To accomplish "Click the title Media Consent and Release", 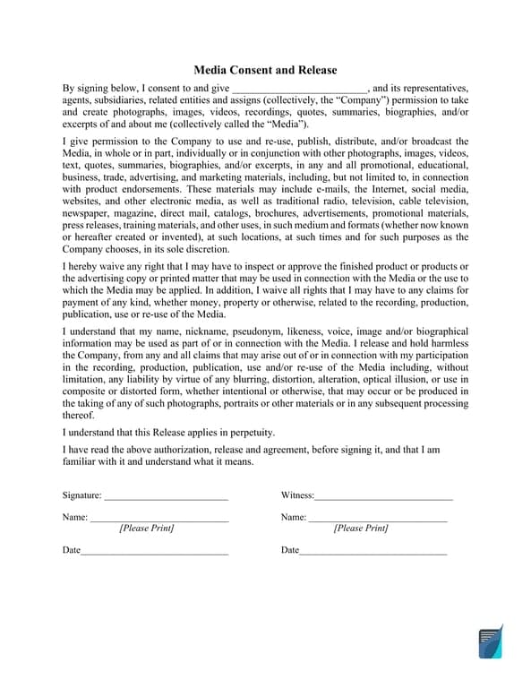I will pyautogui.click(x=265, y=70).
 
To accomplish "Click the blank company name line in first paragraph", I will pyautogui.click(x=299, y=90).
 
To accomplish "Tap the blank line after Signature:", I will pyautogui.click(x=167, y=496).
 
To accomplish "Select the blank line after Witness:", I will pyautogui.click(x=383, y=496).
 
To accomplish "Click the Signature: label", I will pyautogui.click(x=81, y=495).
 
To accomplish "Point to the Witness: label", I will pyautogui.click(x=297, y=495).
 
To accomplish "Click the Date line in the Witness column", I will pyautogui.click(x=373, y=551).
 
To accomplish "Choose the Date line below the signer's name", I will pyautogui.click(x=154, y=551).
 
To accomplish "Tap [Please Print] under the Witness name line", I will pyautogui.click(x=361, y=529).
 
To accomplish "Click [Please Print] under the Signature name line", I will pyautogui.click(x=147, y=529).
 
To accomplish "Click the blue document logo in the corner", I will pyautogui.click(x=490, y=642).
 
